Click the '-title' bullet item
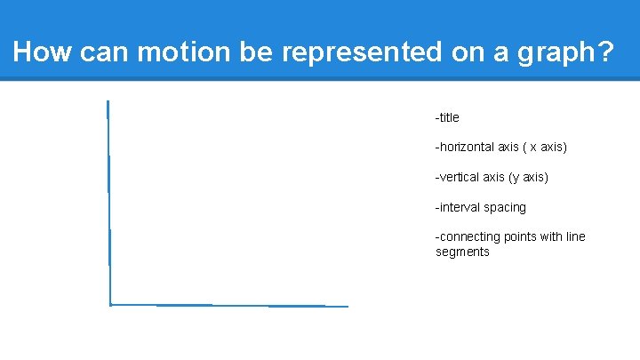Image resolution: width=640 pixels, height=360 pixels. click(x=447, y=117)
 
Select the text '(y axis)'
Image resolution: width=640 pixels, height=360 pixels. click(x=528, y=177)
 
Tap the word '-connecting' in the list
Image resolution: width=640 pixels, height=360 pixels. click(x=468, y=236)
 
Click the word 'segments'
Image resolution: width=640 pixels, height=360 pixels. click(x=462, y=252)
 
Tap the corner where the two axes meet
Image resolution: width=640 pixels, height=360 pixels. click(x=110, y=305)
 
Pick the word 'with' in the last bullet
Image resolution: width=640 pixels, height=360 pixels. click(x=552, y=236)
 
